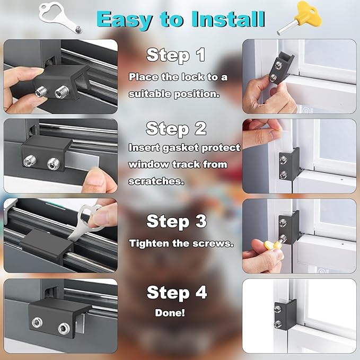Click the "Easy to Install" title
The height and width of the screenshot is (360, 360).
pyautogui.click(x=181, y=19)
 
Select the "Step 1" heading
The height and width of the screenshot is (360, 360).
pyautogui.click(x=176, y=55)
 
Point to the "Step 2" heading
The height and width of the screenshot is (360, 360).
pyautogui.click(x=176, y=128)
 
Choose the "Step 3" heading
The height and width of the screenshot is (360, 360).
pyautogui.click(x=176, y=221)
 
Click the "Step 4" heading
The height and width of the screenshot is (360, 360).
pyautogui.click(x=176, y=292)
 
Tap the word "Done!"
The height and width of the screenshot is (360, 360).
pyautogui.click(x=170, y=313)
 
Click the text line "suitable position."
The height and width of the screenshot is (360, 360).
pyautogui.click(x=166, y=94)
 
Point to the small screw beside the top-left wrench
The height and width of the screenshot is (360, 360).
pyautogui.click(x=78, y=28)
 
